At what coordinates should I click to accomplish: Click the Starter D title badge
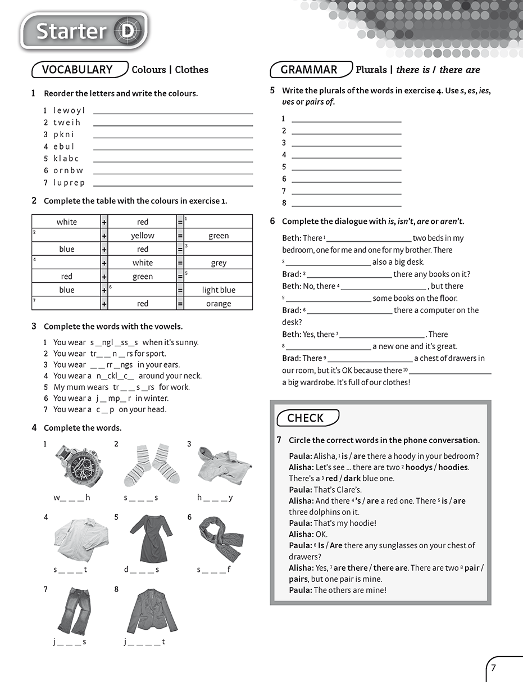[x=84, y=31]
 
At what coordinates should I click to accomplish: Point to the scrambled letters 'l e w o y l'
[x=69, y=110]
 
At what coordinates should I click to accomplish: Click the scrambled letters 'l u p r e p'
[x=69, y=183]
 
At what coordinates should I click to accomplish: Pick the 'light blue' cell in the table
[x=219, y=290]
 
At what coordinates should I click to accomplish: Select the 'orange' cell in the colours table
[x=219, y=304]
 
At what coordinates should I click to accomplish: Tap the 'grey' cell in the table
[x=219, y=263]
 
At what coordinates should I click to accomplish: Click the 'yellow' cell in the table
[x=143, y=236]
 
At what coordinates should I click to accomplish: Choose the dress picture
[x=151, y=538]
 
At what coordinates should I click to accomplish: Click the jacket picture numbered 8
[x=151, y=610]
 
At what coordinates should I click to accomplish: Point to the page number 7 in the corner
[x=493, y=668]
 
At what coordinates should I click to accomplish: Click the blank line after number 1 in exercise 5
[x=347, y=119]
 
